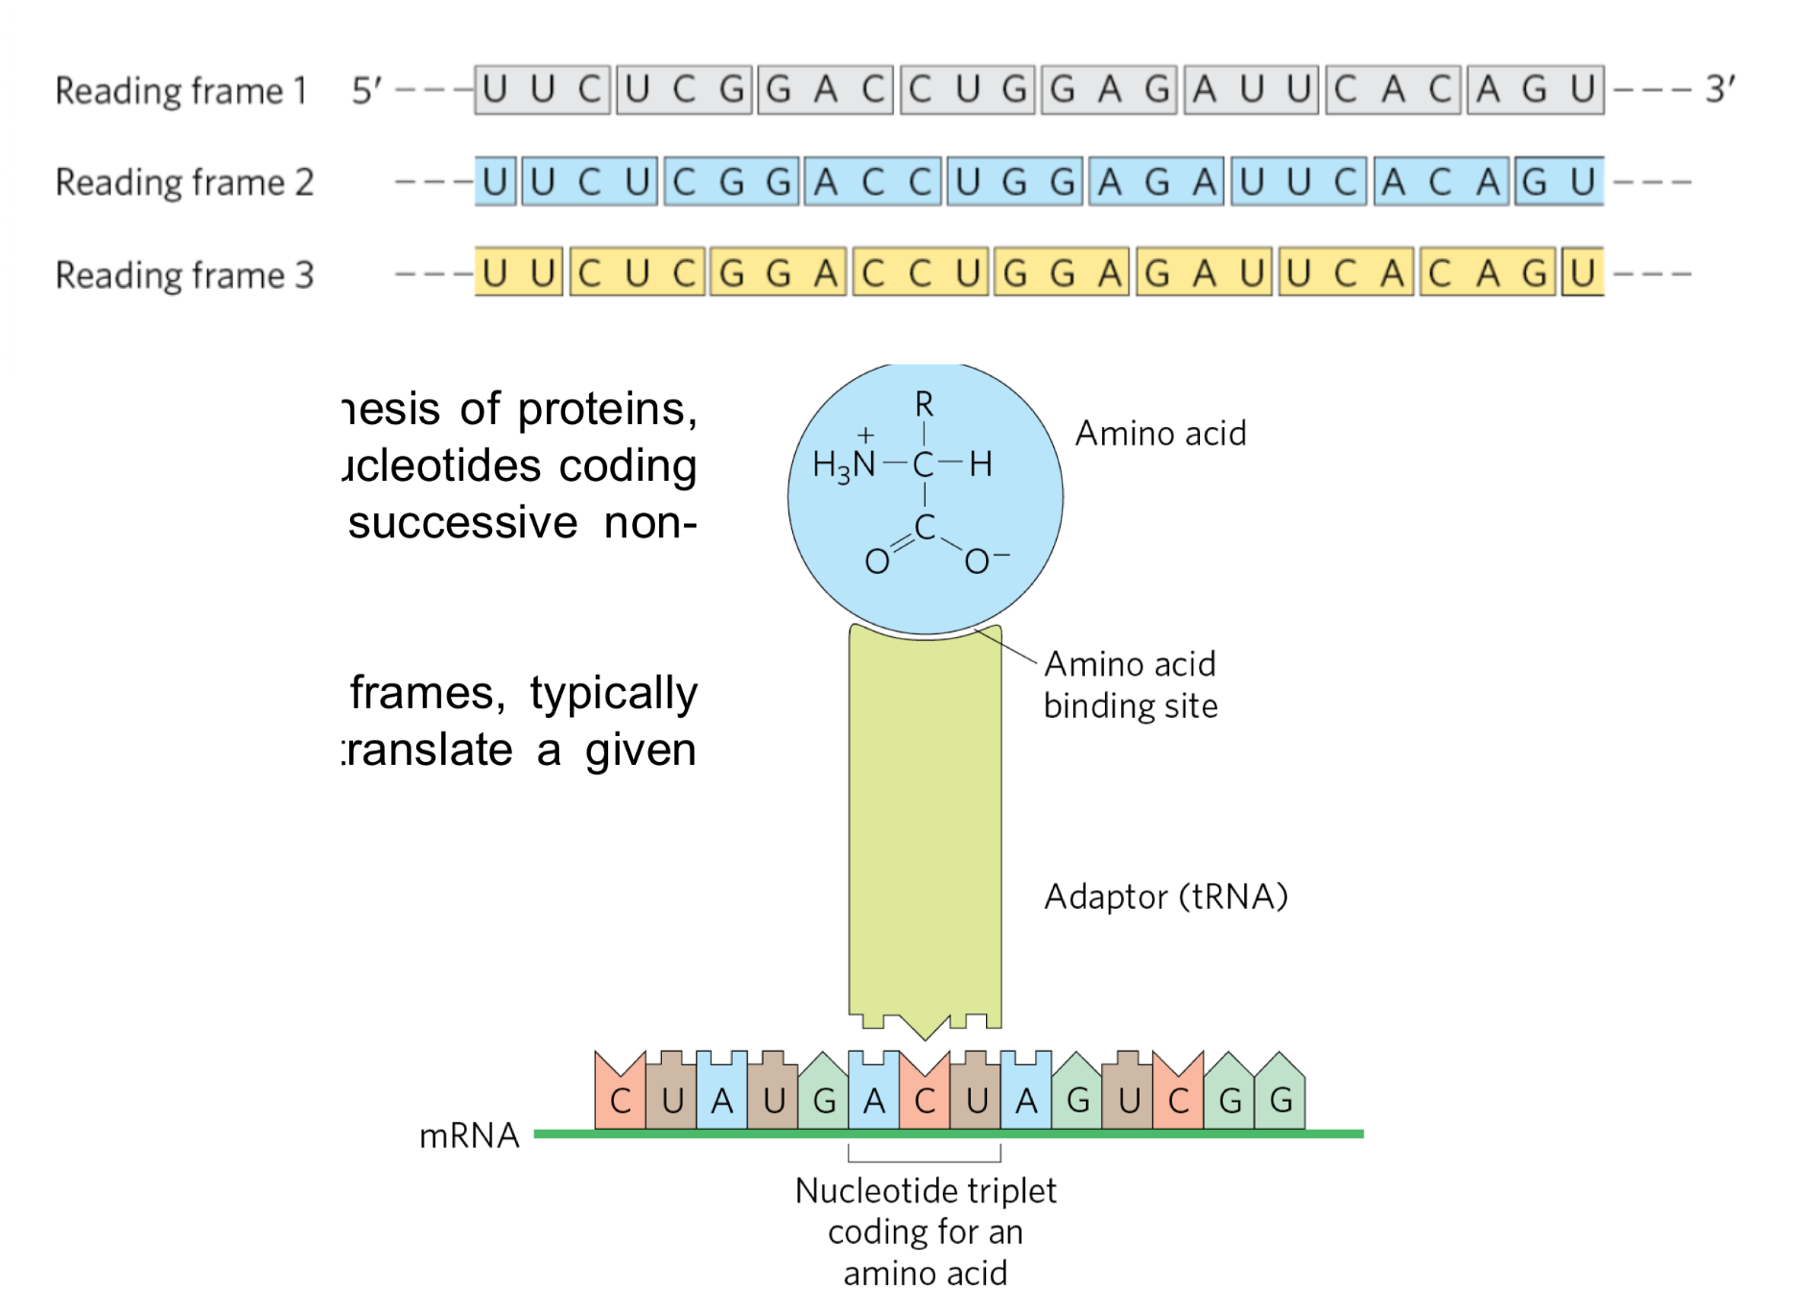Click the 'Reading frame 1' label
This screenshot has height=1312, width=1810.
coord(180,91)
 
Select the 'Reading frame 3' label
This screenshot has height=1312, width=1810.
coord(184,275)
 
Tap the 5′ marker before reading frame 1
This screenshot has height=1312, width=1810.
coord(366,91)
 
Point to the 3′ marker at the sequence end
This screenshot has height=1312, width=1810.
coord(1720,89)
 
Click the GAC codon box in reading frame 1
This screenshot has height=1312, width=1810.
coord(826,90)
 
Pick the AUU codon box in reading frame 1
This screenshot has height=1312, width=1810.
coord(1252,90)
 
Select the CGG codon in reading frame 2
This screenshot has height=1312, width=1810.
coord(732,182)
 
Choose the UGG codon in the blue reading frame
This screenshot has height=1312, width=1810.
coord(1015,182)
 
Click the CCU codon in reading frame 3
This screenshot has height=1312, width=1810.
coord(920,274)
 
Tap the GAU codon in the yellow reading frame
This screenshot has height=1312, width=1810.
coord(1204,274)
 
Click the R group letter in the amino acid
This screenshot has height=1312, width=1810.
coord(924,405)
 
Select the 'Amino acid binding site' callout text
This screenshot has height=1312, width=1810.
coord(1131,684)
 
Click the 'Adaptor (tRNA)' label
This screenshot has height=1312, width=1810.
coord(1165,896)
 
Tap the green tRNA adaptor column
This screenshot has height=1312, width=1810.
coord(925,825)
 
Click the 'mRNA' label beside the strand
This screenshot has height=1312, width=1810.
coord(469,1136)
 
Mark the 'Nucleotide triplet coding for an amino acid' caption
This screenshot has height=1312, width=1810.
coord(926,1231)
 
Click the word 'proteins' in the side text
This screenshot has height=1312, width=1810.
coord(606,410)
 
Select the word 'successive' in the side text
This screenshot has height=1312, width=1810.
coord(463,524)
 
